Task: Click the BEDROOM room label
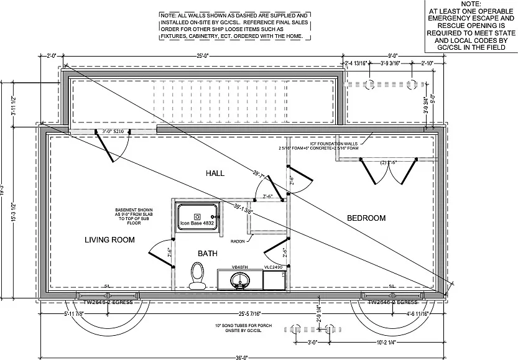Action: coord(366,218)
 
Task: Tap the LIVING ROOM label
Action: coord(109,239)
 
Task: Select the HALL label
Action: coord(215,172)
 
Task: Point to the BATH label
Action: coord(208,253)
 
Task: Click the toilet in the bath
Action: coord(198,275)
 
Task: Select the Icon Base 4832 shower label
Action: coord(197,223)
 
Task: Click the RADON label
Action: coord(238,241)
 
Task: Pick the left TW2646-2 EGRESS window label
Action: coord(104,303)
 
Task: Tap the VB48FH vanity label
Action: coord(240,267)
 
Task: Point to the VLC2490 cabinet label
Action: coord(274,267)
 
